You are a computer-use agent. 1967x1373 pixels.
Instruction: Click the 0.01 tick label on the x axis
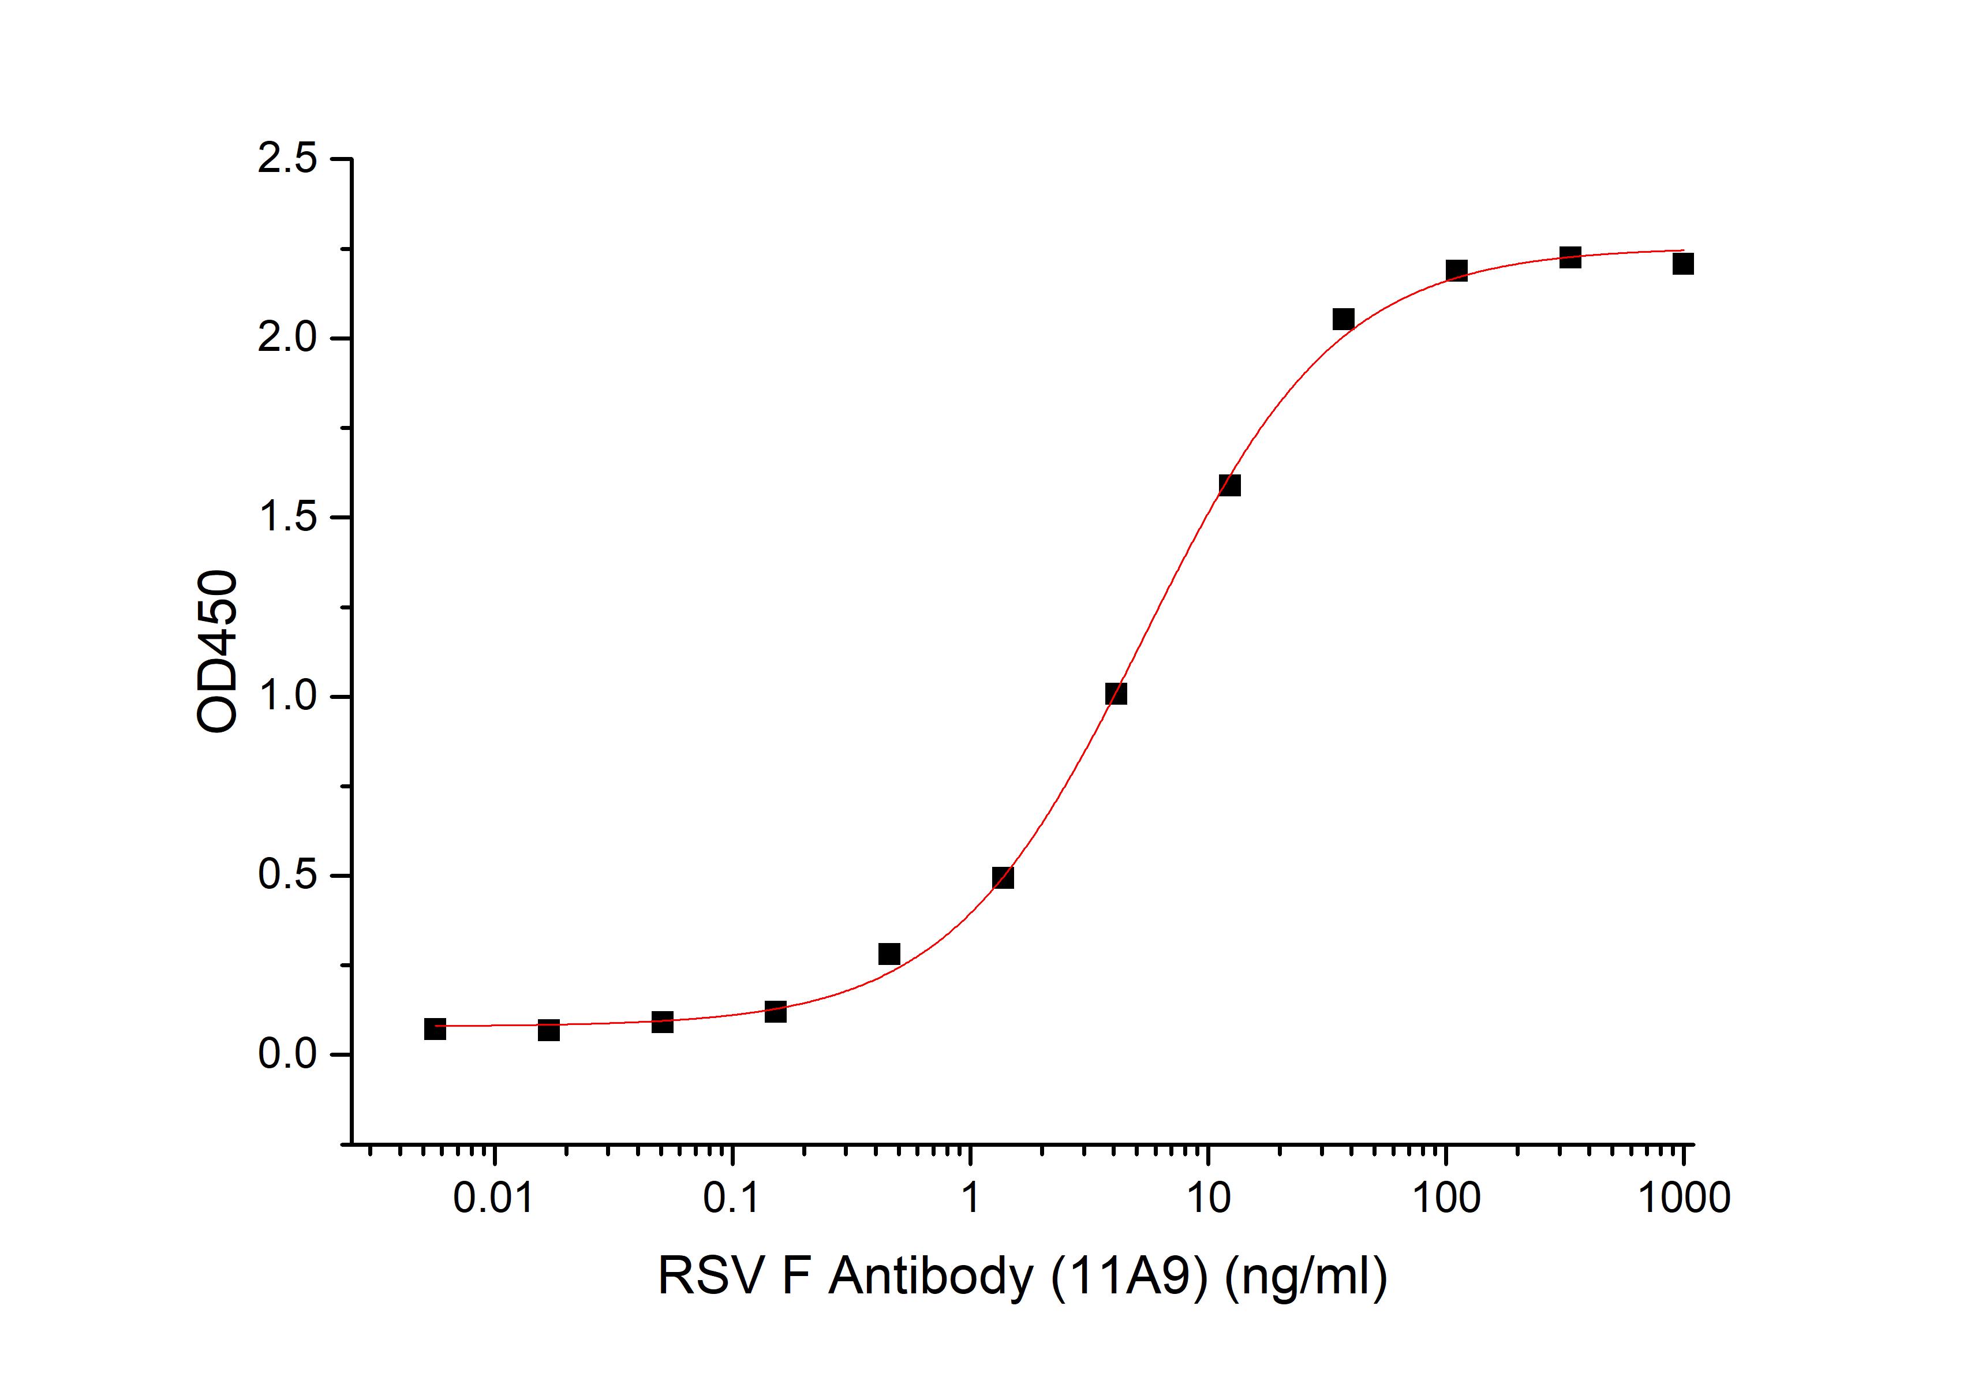pos(494,1198)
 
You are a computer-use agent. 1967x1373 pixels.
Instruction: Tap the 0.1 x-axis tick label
pos(732,1198)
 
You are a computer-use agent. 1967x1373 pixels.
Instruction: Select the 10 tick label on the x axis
pos(1208,1198)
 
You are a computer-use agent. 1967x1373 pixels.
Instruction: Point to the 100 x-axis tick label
pos(1446,1198)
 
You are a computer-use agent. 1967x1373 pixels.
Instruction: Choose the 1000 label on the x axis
pos(1684,1198)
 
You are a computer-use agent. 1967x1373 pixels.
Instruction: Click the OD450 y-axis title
pos(217,651)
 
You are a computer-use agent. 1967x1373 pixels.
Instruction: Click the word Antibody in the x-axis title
pos(931,1277)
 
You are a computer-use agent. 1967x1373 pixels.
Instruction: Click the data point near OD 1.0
pos(1116,693)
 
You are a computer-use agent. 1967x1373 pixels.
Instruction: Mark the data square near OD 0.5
pos(1003,877)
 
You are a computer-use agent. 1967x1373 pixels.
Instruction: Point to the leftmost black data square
pos(435,1028)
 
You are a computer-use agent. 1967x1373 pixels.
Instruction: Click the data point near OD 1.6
pos(1229,485)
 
